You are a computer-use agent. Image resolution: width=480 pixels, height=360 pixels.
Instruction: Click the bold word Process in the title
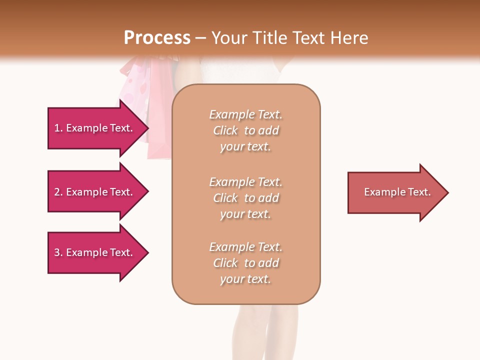tap(157, 38)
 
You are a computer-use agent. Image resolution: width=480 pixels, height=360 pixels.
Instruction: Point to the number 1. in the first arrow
tap(58, 128)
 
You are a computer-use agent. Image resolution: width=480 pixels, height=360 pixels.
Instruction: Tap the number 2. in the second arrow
tap(58, 192)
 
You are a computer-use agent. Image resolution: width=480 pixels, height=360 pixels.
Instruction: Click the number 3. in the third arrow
tap(58, 252)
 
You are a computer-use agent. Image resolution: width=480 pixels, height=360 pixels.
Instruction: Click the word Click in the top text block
tap(225, 130)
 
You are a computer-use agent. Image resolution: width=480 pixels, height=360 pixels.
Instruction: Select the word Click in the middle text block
tap(225, 198)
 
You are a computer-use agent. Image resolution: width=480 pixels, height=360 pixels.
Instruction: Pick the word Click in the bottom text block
tap(225, 263)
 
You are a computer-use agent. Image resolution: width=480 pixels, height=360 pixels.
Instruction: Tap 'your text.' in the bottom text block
tap(245, 279)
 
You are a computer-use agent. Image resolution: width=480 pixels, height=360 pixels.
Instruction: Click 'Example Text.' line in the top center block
tap(245, 114)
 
